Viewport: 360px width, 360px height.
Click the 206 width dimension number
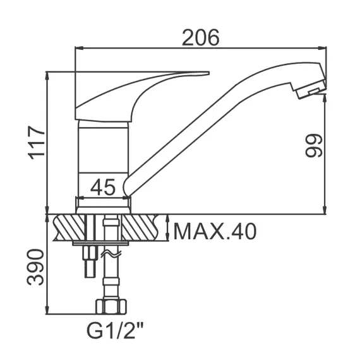(200, 37)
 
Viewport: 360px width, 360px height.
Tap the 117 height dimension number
(37, 143)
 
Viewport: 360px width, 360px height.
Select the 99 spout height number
(314, 146)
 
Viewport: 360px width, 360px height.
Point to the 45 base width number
(103, 187)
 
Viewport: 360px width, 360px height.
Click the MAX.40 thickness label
(215, 231)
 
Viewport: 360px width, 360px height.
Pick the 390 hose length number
(35, 267)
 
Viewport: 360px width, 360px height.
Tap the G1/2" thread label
(115, 330)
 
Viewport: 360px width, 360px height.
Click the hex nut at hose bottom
(111, 306)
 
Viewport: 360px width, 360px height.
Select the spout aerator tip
(310, 90)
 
